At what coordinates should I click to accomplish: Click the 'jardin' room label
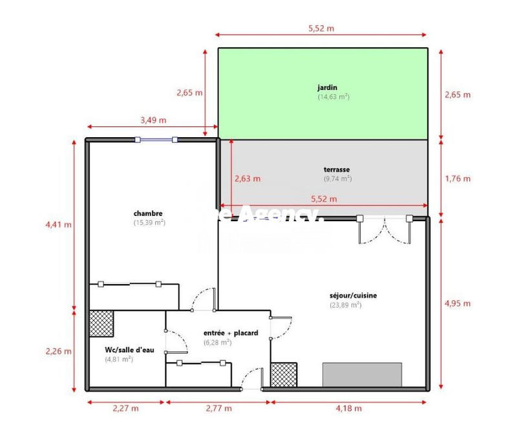(x=327, y=87)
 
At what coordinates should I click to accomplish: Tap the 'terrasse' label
(x=337, y=169)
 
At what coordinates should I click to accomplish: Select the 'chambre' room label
(x=148, y=213)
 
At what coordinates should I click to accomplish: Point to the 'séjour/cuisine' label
(x=353, y=296)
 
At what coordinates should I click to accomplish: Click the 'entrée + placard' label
(x=231, y=333)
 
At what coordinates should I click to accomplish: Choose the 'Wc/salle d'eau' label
(x=129, y=350)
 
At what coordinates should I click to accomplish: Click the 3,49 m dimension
(x=153, y=120)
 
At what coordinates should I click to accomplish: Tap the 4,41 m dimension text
(x=58, y=224)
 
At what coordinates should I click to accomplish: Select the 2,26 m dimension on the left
(x=58, y=351)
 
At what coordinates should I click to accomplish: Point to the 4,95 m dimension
(x=458, y=303)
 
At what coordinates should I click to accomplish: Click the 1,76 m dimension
(x=458, y=179)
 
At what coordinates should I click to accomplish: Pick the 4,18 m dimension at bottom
(x=349, y=408)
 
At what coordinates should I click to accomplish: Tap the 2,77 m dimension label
(x=218, y=408)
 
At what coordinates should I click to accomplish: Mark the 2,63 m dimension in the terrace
(x=248, y=179)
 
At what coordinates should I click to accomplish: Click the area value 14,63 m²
(x=333, y=96)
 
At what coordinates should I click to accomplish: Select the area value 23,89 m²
(x=345, y=305)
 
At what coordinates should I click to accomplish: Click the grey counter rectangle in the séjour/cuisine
(x=362, y=374)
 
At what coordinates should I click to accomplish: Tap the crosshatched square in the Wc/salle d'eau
(x=101, y=322)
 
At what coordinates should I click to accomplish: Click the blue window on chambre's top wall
(x=157, y=139)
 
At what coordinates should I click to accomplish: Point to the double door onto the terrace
(x=385, y=230)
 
